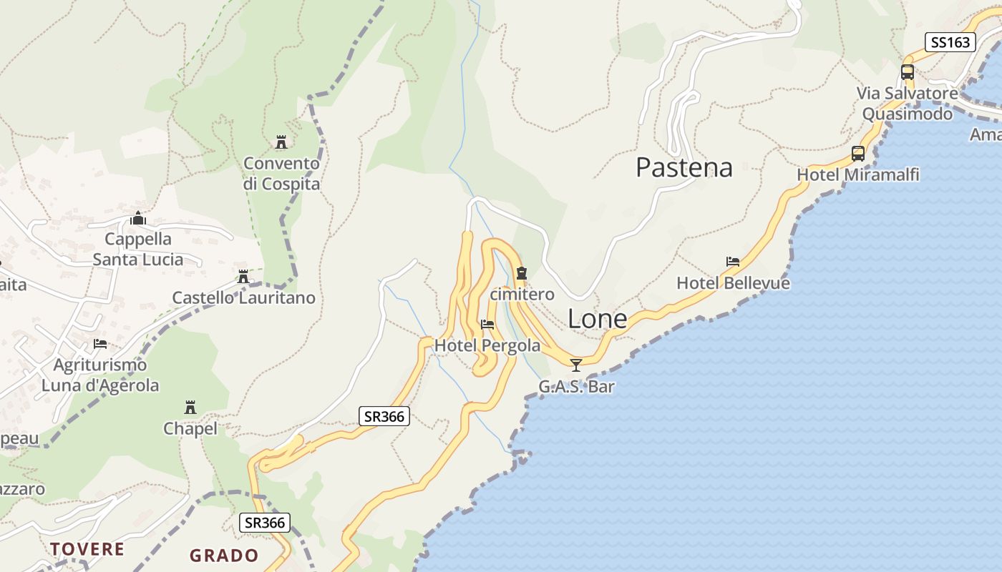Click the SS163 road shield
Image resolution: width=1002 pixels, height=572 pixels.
click(950, 42)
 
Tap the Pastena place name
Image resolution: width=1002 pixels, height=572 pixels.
click(684, 167)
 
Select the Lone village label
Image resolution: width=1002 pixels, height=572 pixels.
click(597, 320)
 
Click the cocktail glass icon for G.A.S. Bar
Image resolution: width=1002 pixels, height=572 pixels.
click(576, 365)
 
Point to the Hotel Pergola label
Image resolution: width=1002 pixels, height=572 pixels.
click(487, 345)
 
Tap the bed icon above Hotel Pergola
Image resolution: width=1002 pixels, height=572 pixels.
click(487, 324)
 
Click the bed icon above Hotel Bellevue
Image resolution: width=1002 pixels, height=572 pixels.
click(733, 262)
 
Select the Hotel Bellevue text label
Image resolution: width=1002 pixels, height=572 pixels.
click(733, 283)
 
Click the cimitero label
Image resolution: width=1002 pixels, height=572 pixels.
click(522, 294)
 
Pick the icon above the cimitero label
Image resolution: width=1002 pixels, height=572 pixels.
click(522, 272)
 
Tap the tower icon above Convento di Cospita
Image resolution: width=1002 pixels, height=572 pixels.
click(281, 142)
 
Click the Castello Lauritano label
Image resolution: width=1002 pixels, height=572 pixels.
click(243, 297)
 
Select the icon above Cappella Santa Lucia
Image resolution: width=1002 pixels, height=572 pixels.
click(138, 218)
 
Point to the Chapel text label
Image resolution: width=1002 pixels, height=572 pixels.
click(190, 428)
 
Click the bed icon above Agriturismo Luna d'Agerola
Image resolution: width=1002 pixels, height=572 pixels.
click(100, 344)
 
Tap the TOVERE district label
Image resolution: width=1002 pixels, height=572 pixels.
click(87, 549)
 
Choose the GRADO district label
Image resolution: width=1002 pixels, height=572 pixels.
click(224, 555)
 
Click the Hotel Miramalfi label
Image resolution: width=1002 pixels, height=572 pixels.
click(857, 174)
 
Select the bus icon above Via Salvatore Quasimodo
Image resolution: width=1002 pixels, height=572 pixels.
click(908, 72)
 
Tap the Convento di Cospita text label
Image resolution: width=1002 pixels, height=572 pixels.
click(281, 174)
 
